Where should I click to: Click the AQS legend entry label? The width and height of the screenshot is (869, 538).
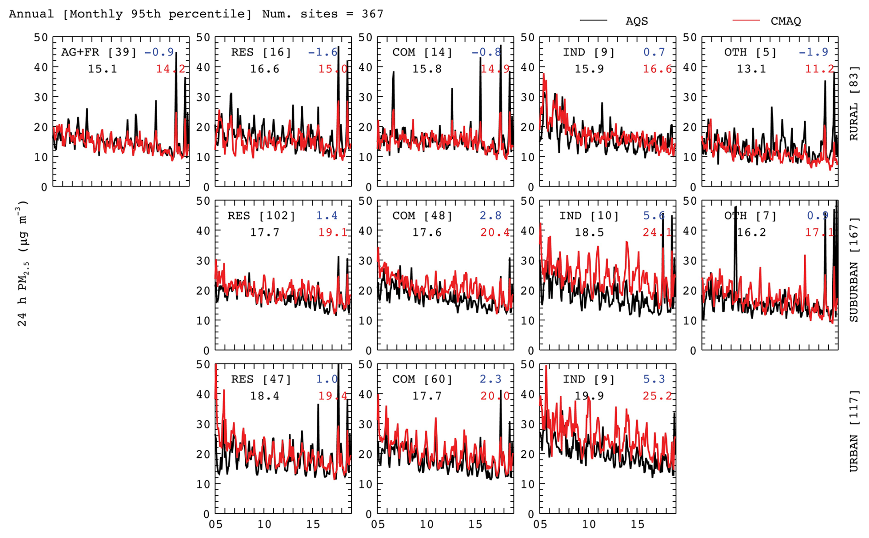point(636,21)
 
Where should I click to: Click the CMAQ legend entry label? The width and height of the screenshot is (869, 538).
point(785,21)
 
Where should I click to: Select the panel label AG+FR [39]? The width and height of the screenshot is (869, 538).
point(99,52)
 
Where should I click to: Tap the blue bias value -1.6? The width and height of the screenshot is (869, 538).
point(322,52)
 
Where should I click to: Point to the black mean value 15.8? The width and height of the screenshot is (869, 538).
point(427,69)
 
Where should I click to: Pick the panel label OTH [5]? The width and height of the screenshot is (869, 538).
point(750,52)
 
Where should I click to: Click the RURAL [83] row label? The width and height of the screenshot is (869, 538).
point(854,104)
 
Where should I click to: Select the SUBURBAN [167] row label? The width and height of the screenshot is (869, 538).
point(854,270)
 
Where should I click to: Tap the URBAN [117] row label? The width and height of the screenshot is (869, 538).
point(854,431)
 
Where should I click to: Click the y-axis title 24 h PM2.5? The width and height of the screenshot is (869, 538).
point(23,263)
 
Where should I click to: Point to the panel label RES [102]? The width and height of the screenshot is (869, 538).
point(261,216)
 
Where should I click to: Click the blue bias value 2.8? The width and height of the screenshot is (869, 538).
point(491,216)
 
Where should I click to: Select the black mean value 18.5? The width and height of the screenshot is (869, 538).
point(589,233)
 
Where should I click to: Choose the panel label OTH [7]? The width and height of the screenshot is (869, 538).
point(750,216)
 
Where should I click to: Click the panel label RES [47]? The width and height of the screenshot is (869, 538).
point(261,379)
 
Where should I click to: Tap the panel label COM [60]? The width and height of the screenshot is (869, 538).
point(423,379)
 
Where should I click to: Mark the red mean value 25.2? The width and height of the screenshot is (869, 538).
point(657,396)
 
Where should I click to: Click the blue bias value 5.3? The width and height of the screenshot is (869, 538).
point(654,379)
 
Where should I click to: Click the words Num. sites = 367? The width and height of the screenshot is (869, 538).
point(322,14)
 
